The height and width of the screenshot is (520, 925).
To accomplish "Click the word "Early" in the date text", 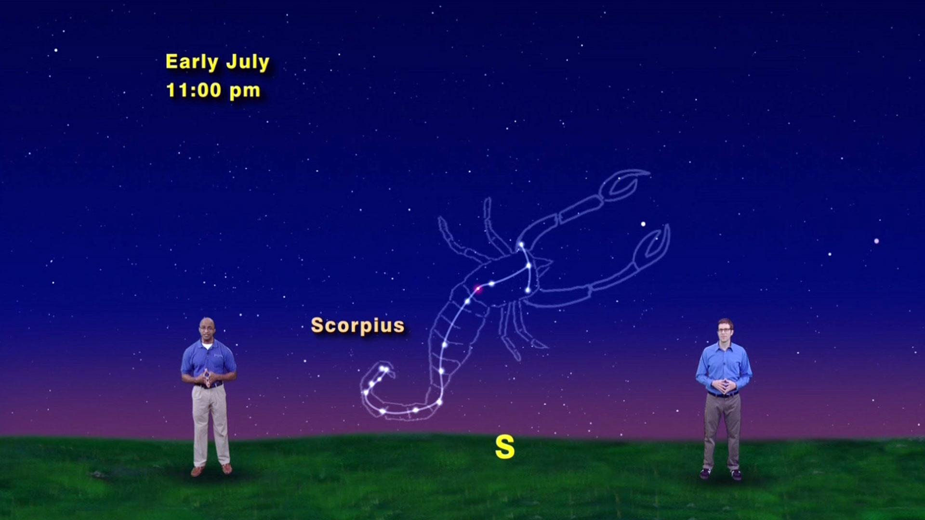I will [191, 62].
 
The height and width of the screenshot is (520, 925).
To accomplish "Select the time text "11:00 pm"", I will [213, 91].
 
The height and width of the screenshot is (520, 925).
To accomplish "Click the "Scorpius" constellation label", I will [357, 325].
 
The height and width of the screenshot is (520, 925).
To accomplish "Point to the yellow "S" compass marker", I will [504, 447].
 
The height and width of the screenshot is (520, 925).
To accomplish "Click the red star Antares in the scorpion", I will [478, 289].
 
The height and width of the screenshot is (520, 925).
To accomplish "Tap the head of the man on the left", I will [207, 329].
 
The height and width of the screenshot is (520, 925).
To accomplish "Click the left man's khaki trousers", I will [211, 424].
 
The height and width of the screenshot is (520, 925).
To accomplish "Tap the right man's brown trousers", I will [721, 429].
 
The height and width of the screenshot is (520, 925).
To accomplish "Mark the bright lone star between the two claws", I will [643, 224].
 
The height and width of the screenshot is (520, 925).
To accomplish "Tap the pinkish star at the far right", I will [876, 241].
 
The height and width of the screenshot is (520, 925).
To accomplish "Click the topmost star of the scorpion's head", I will [521, 245].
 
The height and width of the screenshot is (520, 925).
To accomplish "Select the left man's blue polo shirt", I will [208, 359].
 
